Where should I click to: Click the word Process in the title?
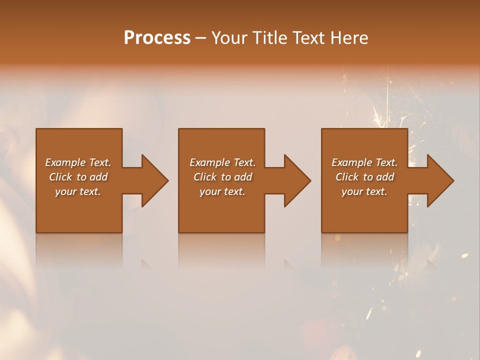click(157, 38)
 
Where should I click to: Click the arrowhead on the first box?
click(154, 180)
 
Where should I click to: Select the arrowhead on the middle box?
click(297, 180)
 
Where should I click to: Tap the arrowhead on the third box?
click(440, 180)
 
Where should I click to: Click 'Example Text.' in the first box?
click(78, 162)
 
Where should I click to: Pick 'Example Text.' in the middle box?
click(222, 162)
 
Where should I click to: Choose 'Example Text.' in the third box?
click(364, 162)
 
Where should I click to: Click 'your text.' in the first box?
click(78, 191)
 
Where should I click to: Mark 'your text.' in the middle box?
click(222, 191)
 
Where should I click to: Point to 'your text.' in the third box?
click(364, 191)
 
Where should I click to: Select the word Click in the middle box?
click(204, 177)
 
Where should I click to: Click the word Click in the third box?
click(347, 177)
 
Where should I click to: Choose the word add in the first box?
click(99, 177)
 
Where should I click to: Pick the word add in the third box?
click(385, 177)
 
